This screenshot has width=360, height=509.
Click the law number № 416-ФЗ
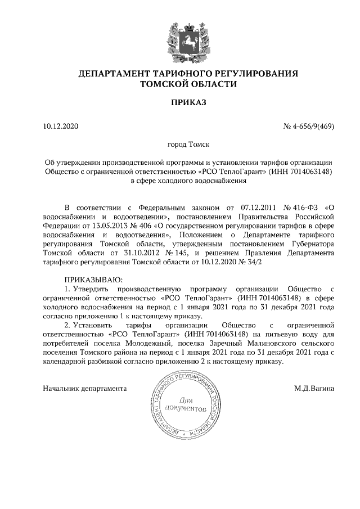pyautogui.click(x=298, y=206)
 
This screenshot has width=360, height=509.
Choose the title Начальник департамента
pyautogui.click(x=85, y=388)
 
